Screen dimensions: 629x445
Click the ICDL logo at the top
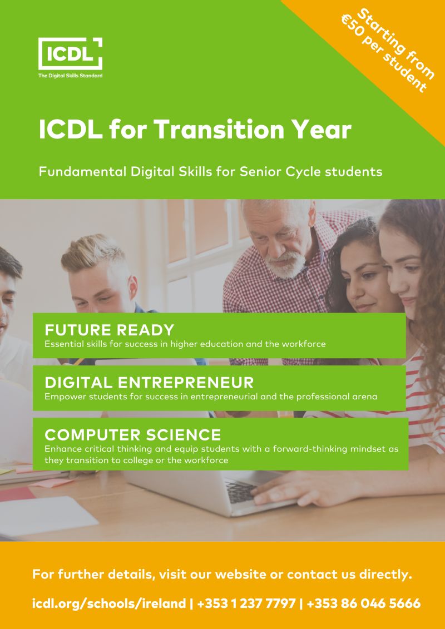click(x=70, y=53)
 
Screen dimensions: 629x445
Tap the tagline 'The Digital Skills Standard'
click(x=70, y=76)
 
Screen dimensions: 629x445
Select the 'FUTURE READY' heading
click(x=110, y=330)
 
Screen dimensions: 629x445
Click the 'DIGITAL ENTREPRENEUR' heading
click(x=149, y=383)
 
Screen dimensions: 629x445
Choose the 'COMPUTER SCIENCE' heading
click(x=133, y=435)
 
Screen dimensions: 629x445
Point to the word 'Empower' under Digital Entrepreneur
click(x=62, y=397)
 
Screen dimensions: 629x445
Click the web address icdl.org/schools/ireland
click(x=109, y=603)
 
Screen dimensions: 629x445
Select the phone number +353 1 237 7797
click(x=246, y=603)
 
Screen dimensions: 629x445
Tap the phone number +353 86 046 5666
click(x=363, y=603)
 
